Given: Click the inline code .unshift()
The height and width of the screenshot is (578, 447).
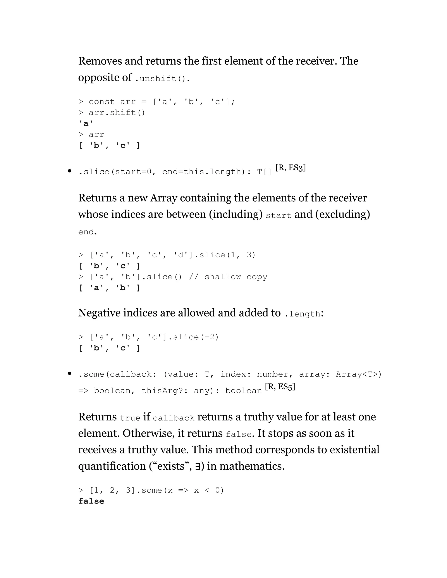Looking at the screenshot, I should click(x=160, y=79).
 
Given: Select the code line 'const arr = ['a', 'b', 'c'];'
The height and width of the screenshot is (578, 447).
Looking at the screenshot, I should click(x=156, y=102).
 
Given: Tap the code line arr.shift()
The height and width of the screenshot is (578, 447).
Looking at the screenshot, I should click(x=112, y=113).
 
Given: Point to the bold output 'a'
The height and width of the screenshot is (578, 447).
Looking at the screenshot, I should click(x=86, y=124).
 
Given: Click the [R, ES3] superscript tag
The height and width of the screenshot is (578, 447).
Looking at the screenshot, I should click(x=291, y=168).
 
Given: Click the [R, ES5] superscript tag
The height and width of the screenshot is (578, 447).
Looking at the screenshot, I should click(x=280, y=387).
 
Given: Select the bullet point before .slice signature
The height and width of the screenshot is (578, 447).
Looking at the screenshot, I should click(x=69, y=171).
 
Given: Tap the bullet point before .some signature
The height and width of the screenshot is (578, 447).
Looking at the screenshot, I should click(x=69, y=373).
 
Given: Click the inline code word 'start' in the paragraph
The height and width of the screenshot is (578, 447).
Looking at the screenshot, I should click(x=278, y=215).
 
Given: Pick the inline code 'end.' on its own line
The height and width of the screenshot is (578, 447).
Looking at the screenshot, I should click(x=87, y=232).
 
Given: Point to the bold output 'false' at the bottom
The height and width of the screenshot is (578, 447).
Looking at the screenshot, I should click(x=91, y=501).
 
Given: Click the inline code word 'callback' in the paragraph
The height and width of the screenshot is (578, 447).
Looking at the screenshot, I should click(x=174, y=418).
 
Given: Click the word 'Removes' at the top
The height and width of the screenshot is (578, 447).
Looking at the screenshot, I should click(x=100, y=61).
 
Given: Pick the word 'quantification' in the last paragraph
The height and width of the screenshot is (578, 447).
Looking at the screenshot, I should click(x=112, y=466).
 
